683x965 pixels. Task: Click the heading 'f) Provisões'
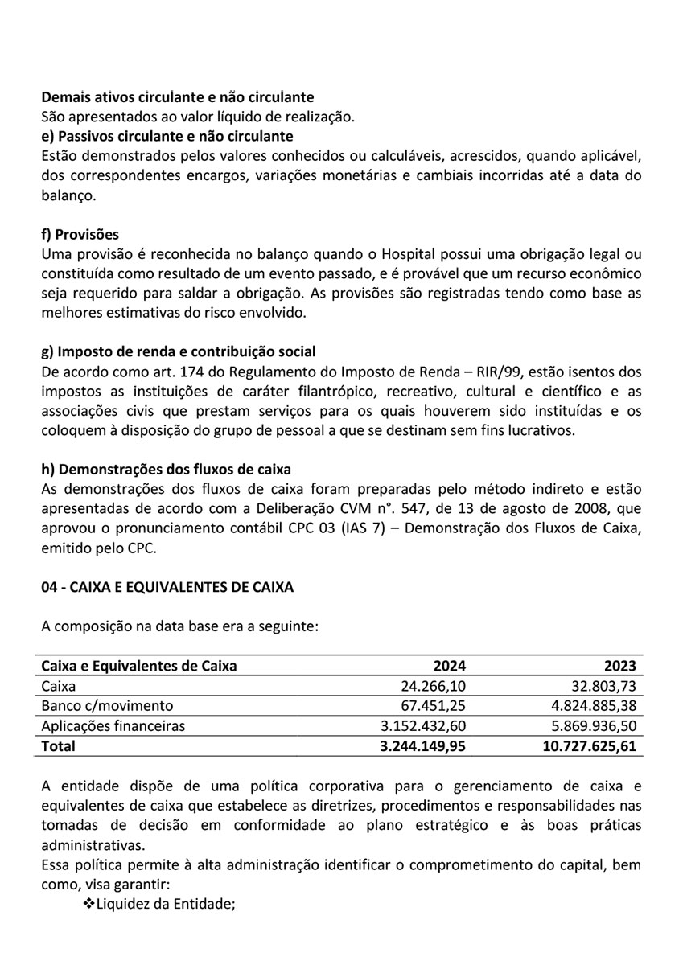(x=80, y=235)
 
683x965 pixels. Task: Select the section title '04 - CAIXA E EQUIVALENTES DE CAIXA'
(x=167, y=587)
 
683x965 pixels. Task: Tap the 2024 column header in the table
(x=450, y=666)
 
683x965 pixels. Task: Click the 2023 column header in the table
(x=620, y=666)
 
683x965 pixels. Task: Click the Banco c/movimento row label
(x=107, y=706)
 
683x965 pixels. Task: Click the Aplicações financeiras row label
(x=113, y=726)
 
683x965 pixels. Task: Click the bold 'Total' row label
(x=58, y=746)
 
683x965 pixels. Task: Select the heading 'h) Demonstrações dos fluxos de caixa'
(x=166, y=470)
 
